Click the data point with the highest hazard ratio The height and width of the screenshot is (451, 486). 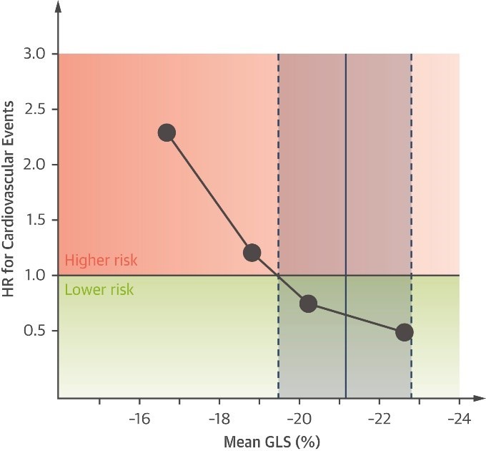click(167, 132)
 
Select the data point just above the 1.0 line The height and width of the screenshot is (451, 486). click(252, 253)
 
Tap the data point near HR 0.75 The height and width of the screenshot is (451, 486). click(308, 303)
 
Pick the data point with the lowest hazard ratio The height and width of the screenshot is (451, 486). click(405, 332)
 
